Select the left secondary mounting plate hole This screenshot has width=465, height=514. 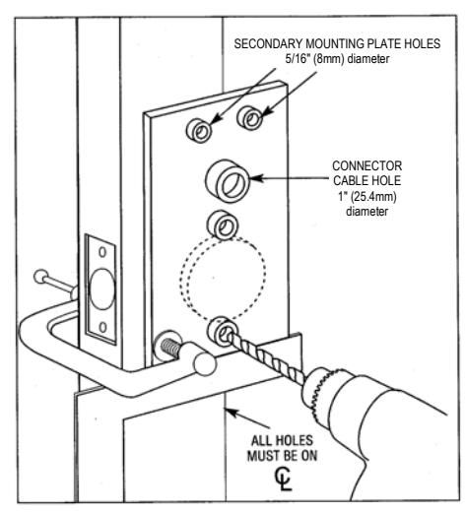(x=199, y=130)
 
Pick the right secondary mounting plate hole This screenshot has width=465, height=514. (x=250, y=117)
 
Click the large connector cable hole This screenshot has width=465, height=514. (x=228, y=181)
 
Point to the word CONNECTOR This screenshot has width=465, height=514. (x=366, y=165)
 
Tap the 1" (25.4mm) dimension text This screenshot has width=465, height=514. (x=367, y=196)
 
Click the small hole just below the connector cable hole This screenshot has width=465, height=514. (x=223, y=225)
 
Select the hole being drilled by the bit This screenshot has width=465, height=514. (x=223, y=332)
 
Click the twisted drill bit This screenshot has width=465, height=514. (x=266, y=357)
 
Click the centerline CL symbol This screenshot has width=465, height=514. (x=283, y=479)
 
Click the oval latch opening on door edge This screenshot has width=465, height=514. (x=102, y=289)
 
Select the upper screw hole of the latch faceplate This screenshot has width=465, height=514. (x=102, y=252)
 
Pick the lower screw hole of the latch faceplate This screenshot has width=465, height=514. (x=102, y=327)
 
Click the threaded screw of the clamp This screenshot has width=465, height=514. (x=169, y=347)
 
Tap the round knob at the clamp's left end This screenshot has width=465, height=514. (x=41, y=277)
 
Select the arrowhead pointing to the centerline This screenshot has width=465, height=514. (x=232, y=412)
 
